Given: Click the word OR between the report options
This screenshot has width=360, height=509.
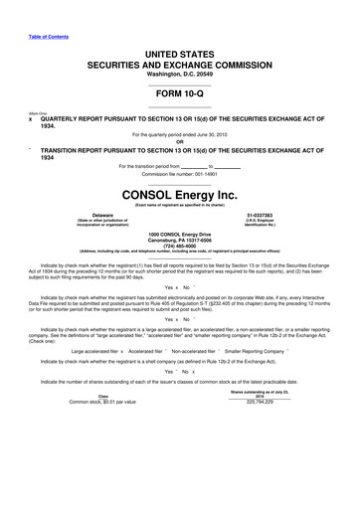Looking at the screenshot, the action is click(180, 140).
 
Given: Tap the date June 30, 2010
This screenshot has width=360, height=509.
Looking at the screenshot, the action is click(227, 133).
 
